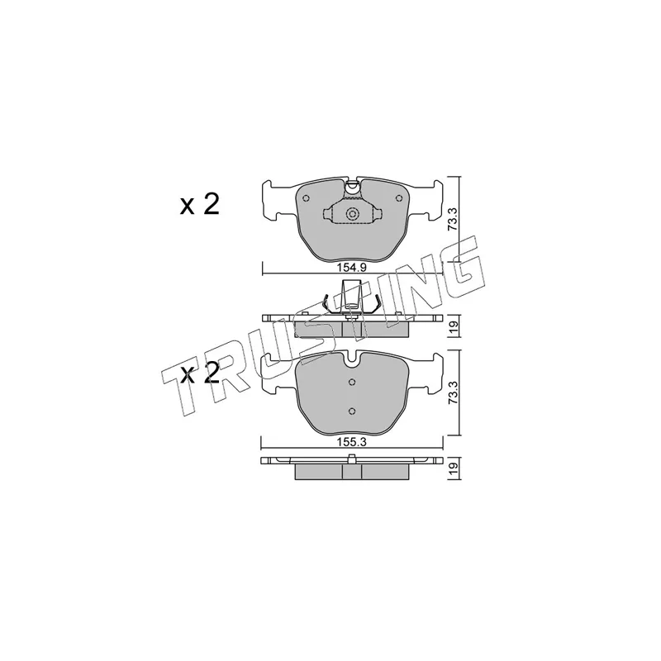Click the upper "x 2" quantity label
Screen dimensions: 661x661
200,205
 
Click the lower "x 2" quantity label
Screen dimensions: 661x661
200,373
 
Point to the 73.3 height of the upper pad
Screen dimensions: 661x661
452,218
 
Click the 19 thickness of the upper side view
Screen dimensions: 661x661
452,326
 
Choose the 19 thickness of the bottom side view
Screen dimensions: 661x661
452,468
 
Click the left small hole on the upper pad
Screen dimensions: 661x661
307,198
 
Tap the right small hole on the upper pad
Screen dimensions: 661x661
397,198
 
